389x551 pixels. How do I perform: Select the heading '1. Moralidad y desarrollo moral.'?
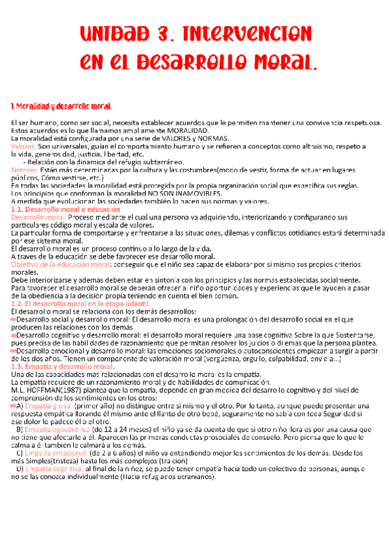pos(62,106)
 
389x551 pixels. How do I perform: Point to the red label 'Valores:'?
pos(24,147)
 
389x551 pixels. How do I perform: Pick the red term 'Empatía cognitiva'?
pos(60,468)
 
